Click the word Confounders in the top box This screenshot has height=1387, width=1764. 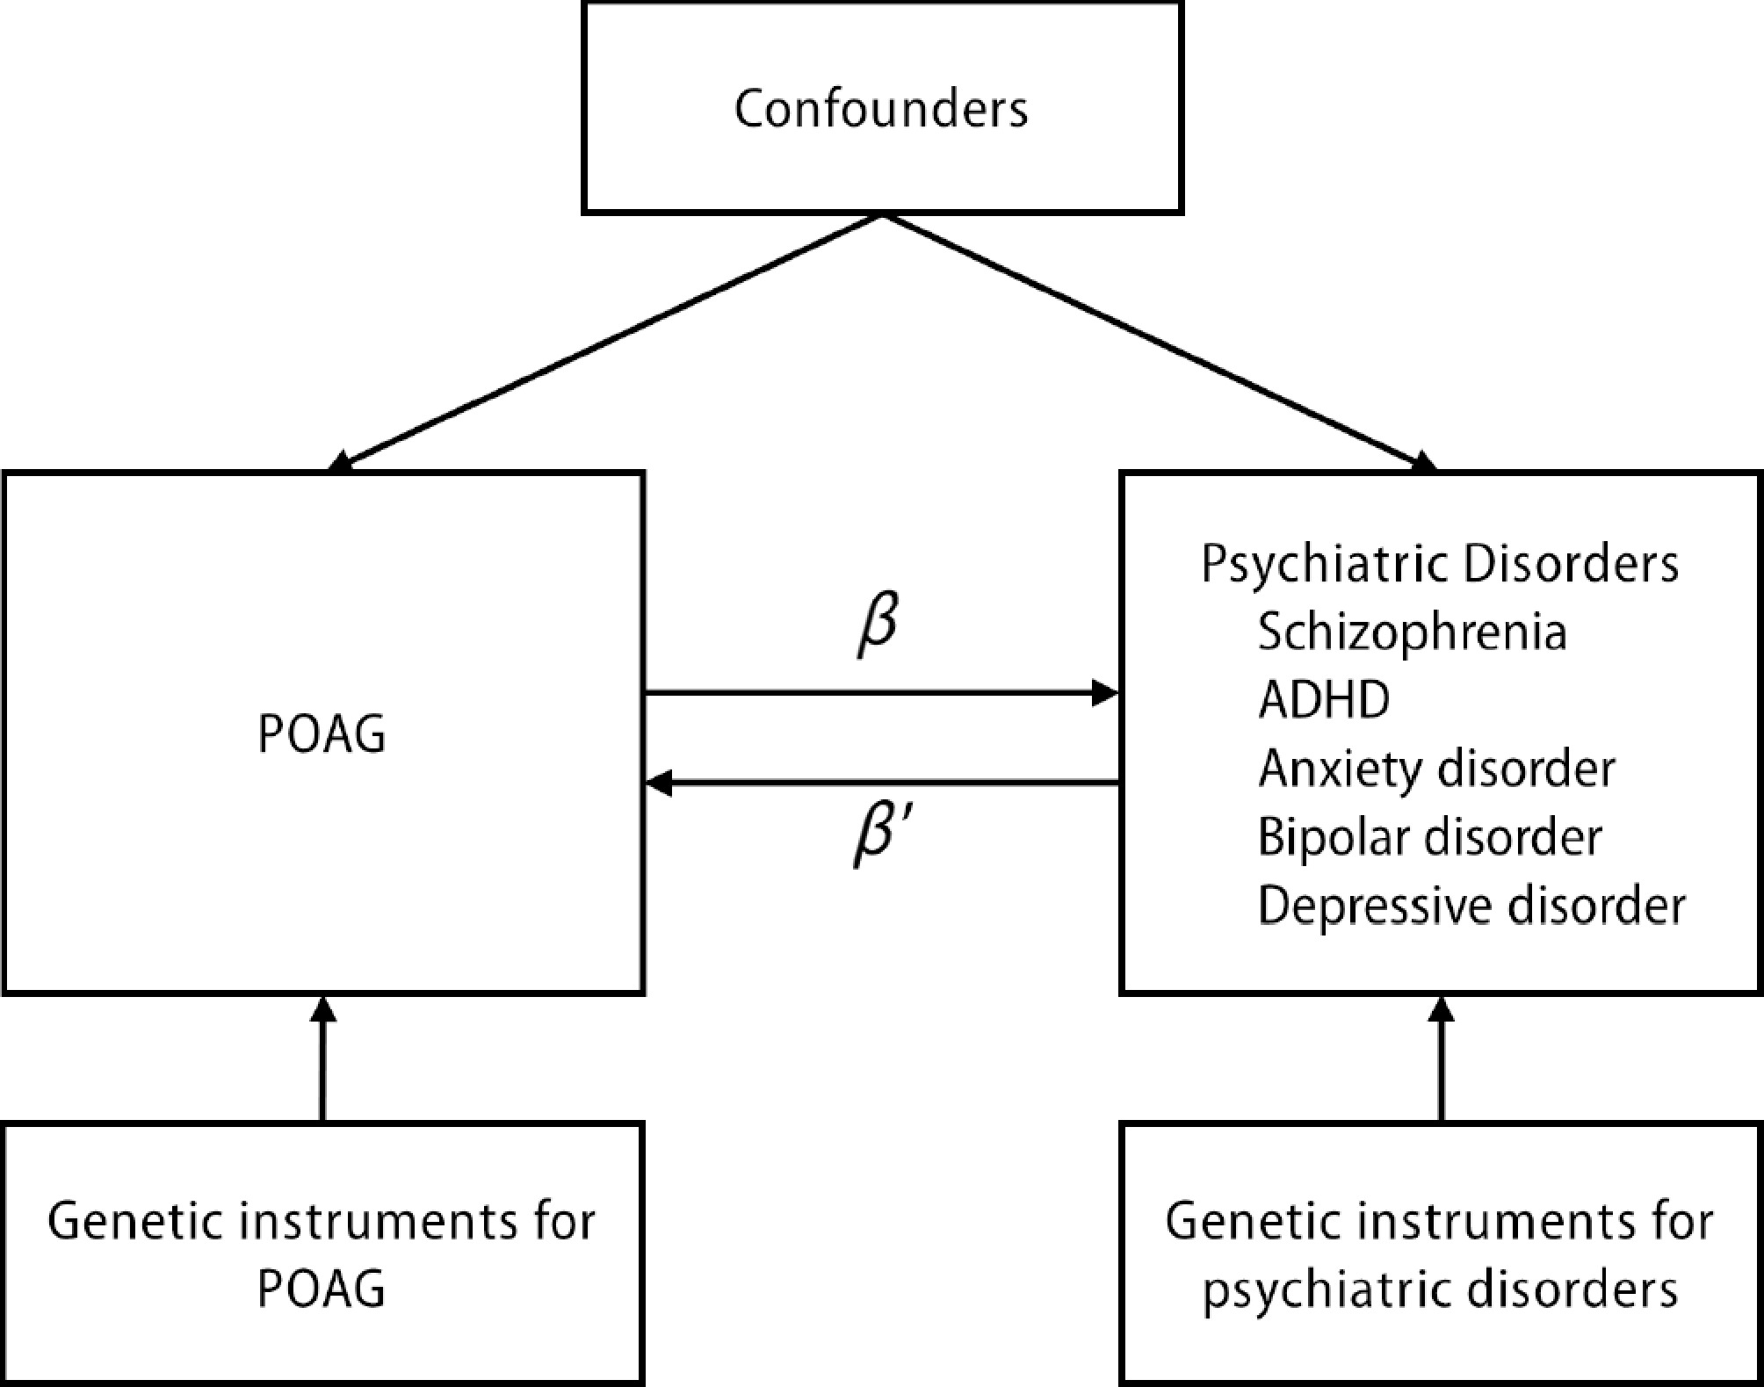[881, 109]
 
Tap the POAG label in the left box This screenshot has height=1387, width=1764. [322, 733]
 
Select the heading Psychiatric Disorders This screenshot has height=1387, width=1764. [1440, 563]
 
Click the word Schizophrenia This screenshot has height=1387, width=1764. [1412, 632]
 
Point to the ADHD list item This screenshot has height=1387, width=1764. [1324, 700]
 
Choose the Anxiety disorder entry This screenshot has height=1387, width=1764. [1436, 769]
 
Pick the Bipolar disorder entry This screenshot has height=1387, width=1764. [1429, 837]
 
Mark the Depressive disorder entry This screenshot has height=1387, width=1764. [1471, 906]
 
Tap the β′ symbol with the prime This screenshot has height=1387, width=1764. [883, 834]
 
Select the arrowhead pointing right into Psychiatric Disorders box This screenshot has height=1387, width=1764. [1104, 693]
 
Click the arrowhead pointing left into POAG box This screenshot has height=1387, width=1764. [660, 782]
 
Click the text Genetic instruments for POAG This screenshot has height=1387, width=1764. [322, 1254]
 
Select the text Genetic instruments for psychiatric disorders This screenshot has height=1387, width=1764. [1440, 1254]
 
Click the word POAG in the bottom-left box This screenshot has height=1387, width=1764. [322, 1289]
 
